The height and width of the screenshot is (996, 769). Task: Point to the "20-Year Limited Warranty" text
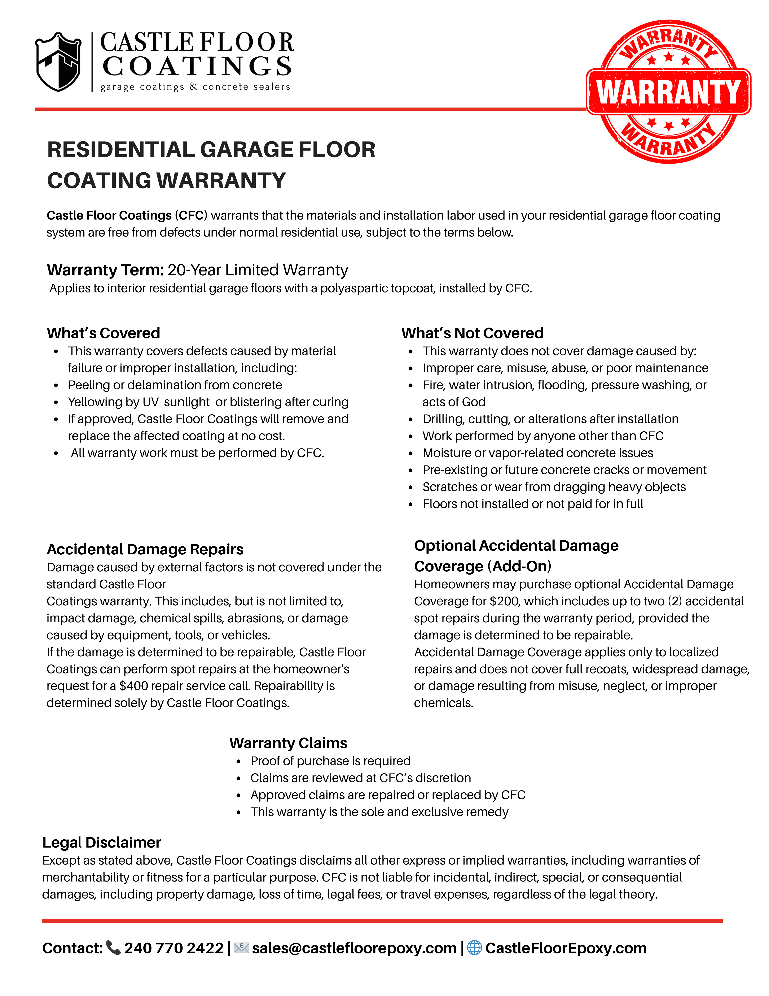tap(258, 270)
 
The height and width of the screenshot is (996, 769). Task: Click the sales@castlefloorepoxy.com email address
tap(354, 948)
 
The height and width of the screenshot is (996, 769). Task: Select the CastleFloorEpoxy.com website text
tap(566, 948)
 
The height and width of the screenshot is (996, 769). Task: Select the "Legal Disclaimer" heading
tap(102, 842)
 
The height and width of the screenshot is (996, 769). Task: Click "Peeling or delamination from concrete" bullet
tap(175, 385)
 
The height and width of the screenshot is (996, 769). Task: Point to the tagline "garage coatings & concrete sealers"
tap(195, 87)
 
